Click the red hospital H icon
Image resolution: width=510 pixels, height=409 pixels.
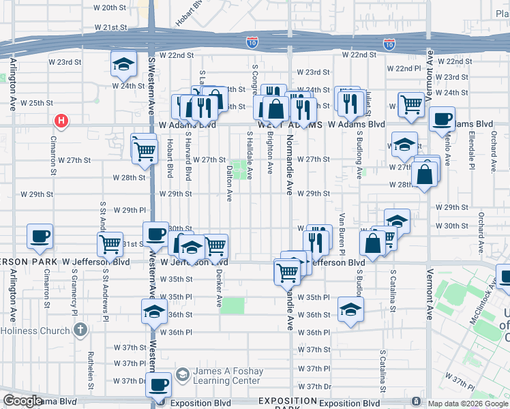(x=61, y=122)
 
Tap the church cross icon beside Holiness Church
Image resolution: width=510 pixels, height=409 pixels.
(x=80, y=331)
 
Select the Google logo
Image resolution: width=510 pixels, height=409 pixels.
(x=23, y=401)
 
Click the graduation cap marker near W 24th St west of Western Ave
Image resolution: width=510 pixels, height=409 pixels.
(x=123, y=65)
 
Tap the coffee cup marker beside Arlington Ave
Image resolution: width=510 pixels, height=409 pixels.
(x=40, y=236)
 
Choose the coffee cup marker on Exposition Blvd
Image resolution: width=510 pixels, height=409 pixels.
(x=159, y=384)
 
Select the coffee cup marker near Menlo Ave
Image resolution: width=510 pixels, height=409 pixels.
(x=441, y=119)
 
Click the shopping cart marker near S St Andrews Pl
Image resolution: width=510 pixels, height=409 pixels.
(x=110, y=243)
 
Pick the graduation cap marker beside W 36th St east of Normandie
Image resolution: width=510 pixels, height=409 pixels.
(x=350, y=310)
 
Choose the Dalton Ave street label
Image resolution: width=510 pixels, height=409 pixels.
(x=230, y=183)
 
